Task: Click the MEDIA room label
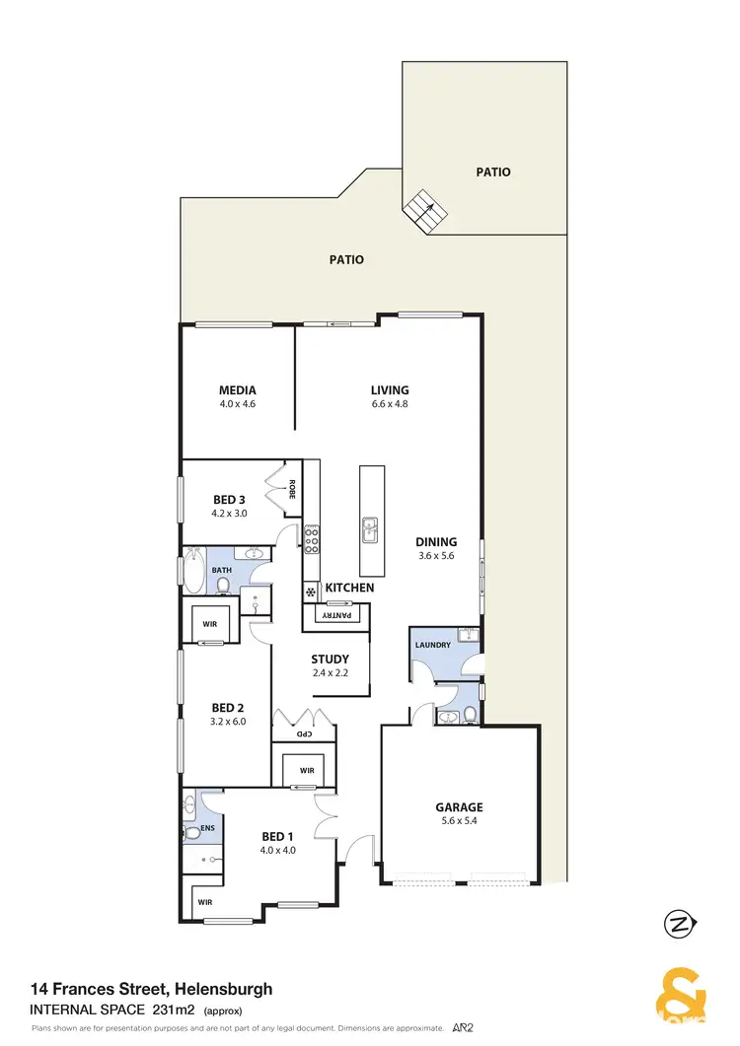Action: pyautogui.click(x=237, y=390)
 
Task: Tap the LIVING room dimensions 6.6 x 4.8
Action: pyautogui.click(x=389, y=404)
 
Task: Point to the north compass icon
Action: pyautogui.click(x=677, y=925)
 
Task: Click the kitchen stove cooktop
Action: pyautogui.click(x=312, y=538)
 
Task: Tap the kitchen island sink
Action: pyautogui.click(x=371, y=529)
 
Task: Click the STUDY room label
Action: pyautogui.click(x=329, y=660)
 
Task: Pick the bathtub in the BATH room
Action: pyautogui.click(x=191, y=572)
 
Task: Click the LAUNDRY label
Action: pyautogui.click(x=433, y=645)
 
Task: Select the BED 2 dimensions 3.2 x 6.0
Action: pyautogui.click(x=228, y=721)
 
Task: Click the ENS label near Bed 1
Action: pyautogui.click(x=208, y=829)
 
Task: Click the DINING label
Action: pyautogui.click(x=435, y=541)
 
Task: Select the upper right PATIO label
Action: pyautogui.click(x=493, y=172)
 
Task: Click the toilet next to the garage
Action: pyautogui.click(x=470, y=713)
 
